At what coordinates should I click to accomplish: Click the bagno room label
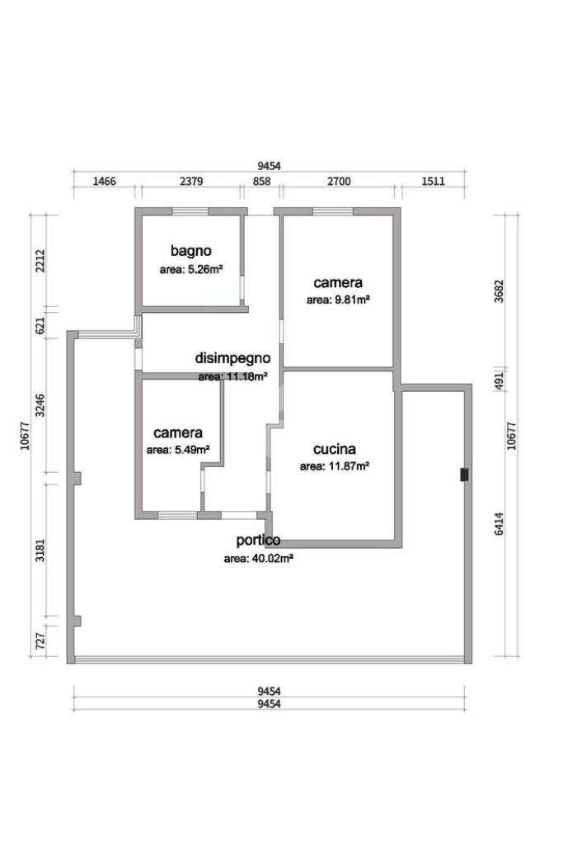(190, 251)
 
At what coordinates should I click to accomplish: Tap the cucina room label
(334, 449)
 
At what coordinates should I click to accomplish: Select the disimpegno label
(232, 358)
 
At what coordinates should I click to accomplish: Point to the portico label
(258, 540)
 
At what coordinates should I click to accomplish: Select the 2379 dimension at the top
(191, 181)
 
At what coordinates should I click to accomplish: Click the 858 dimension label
(262, 181)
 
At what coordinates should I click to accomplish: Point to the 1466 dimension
(105, 181)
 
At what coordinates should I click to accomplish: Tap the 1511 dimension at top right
(433, 181)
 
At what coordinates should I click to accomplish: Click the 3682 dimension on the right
(499, 291)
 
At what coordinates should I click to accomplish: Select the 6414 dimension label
(499, 524)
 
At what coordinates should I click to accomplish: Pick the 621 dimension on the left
(40, 326)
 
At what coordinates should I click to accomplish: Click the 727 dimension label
(40, 641)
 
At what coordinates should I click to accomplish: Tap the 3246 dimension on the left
(40, 406)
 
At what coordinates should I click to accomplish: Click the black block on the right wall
(464, 475)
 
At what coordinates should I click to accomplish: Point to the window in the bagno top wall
(190, 211)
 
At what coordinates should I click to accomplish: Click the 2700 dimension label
(339, 181)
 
